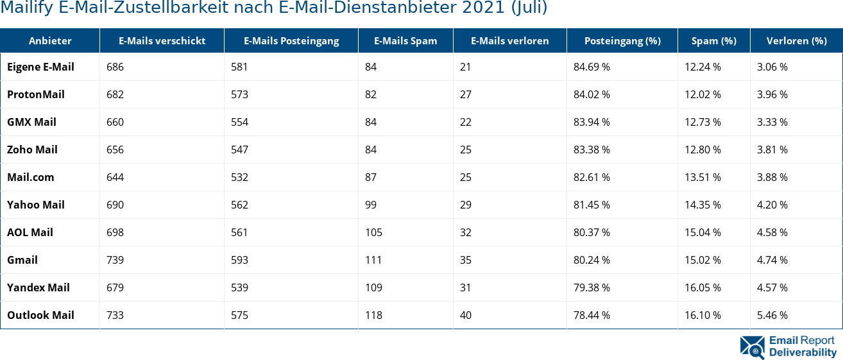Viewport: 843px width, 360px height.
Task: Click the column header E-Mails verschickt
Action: point(162,40)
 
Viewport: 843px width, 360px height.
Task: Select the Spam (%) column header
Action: point(713,40)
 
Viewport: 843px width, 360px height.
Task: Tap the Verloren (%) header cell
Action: point(796,40)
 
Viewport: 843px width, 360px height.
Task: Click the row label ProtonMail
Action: point(36,94)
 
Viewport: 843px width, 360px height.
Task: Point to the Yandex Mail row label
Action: point(38,287)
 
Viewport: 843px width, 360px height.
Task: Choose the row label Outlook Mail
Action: point(40,315)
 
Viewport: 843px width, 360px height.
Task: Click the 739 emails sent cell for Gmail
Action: point(115,260)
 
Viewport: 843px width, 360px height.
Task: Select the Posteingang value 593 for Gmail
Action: point(239,260)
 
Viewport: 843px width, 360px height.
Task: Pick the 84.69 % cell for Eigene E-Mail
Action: point(592,67)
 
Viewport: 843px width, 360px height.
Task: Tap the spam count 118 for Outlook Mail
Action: point(373,315)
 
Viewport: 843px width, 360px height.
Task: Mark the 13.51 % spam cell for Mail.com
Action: point(702,177)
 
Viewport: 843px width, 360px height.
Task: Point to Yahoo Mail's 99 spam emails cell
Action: point(370,205)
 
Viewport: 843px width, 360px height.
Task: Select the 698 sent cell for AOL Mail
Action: point(115,232)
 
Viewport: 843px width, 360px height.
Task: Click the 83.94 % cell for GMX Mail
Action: point(592,122)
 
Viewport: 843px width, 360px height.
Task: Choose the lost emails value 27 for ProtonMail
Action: point(465,94)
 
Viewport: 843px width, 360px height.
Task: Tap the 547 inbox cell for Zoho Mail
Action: point(239,150)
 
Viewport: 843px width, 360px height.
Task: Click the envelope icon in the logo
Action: point(752,347)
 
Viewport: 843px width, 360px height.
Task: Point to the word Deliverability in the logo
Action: point(803,352)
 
